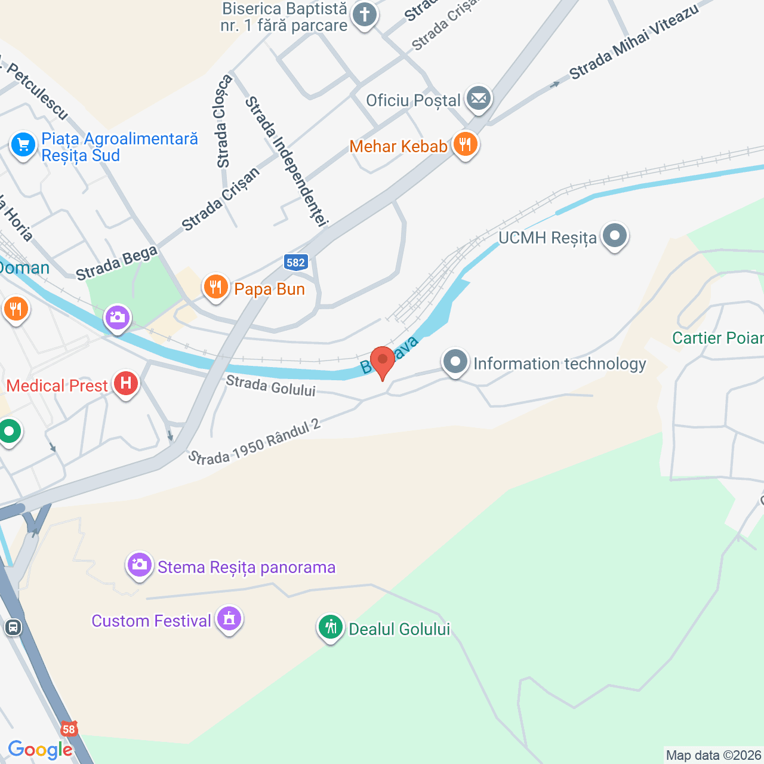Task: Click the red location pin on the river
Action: pyautogui.click(x=382, y=361)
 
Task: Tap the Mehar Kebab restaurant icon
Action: pyautogui.click(x=465, y=144)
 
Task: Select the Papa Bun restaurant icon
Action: pyautogui.click(x=215, y=288)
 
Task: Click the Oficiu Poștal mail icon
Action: pyautogui.click(x=478, y=98)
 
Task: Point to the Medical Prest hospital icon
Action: pyautogui.click(x=126, y=384)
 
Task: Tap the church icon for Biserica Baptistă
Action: pyautogui.click(x=364, y=15)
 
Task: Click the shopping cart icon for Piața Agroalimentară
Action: pyautogui.click(x=23, y=145)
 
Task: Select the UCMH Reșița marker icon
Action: pyautogui.click(x=614, y=236)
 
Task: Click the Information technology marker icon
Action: pyautogui.click(x=455, y=362)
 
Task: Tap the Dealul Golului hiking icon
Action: pyautogui.click(x=330, y=627)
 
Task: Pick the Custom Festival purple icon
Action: pyautogui.click(x=229, y=620)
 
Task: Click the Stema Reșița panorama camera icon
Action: pyautogui.click(x=140, y=565)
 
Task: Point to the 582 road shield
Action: pyautogui.click(x=295, y=262)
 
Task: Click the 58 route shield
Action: pyautogui.click(x=69, y=729)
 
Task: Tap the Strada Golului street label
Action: pyautogui.click(x=270, y=386)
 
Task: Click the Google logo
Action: pyautogui.click(x=40, y=750)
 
